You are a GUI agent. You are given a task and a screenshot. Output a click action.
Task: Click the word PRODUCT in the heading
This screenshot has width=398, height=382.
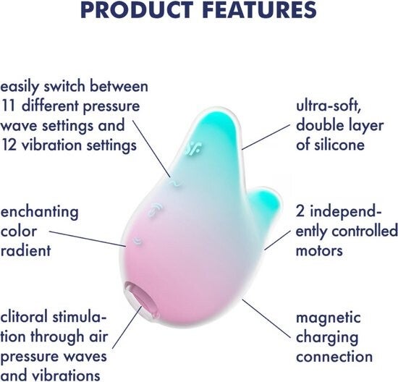[137, 9]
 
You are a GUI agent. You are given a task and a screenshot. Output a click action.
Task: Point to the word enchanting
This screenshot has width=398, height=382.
[40, 212]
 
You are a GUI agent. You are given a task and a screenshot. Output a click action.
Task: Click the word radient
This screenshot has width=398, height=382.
[26, 250]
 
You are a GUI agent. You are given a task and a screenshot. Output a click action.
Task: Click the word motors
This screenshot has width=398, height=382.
[319, 250]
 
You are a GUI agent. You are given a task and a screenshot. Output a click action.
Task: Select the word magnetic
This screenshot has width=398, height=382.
[329, 318]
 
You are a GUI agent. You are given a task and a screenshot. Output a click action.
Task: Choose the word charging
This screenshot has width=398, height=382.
[327, 338]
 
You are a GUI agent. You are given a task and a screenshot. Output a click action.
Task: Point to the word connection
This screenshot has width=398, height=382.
[334, 357]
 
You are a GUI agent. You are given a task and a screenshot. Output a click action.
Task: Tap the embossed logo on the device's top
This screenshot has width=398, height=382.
[194, 148]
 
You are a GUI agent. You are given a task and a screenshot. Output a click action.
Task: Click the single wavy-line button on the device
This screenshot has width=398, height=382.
[175, 183]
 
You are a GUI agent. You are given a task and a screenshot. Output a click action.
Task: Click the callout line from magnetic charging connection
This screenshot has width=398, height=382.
[266, 319]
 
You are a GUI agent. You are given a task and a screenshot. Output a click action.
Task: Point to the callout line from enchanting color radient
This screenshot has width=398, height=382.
[88, 239]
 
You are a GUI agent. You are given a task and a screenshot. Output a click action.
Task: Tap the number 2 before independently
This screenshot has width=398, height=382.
[300, 212]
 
